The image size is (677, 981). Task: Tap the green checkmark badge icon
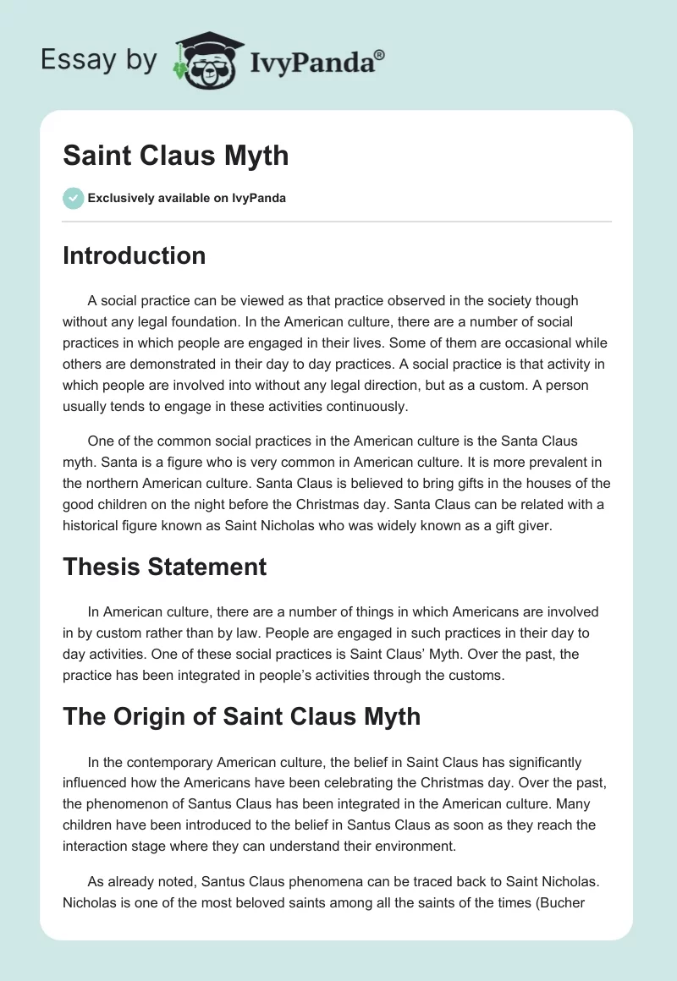click(73, 198)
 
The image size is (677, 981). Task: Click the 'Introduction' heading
click(134, 255)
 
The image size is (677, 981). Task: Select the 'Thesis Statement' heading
click(164, 566)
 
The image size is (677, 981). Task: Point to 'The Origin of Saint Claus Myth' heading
click(241, 716)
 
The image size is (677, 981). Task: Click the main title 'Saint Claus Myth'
click(175, 156)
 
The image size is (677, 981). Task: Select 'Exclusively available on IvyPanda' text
click(187, 198)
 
